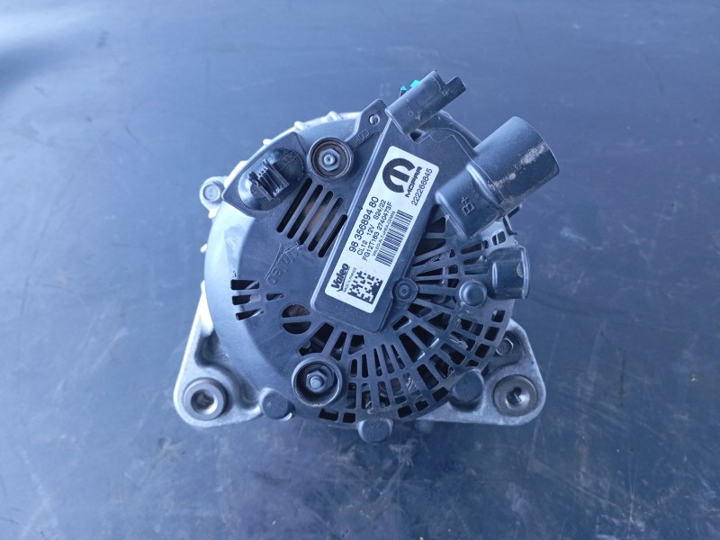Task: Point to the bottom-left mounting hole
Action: tap(204, 398)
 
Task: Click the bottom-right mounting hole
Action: tap(515, 394)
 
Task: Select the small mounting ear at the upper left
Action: tap(212, 191)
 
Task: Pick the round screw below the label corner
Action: tap(406, 289)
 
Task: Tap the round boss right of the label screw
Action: tap(471, 292)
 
